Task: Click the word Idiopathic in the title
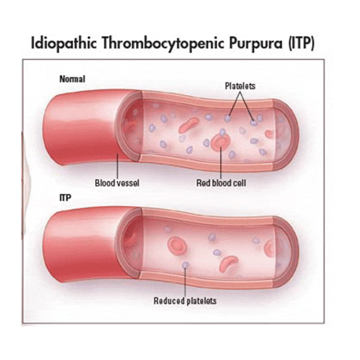click(x=64, y=43)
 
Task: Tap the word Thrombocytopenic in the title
click(x=163, y=43)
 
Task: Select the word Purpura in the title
click(x=255, y=43)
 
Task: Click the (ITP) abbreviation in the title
click(x=301, y=43)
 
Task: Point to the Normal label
click(x=72, y=79)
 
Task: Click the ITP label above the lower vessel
click(x=65, y=197)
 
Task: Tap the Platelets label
click(x=240, y=86)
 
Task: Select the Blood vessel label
click(x=117, y=182)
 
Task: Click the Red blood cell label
click(x=221, y=182)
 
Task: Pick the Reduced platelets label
click(x=185, y=300)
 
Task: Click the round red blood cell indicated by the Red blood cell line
click(x=221, y=142)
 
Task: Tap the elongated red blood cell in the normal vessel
click(x=189, y=125)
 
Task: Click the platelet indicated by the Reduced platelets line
click(x=186, y=265)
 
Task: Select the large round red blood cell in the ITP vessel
click(x=178, y=246)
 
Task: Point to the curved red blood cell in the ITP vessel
click(x=229, y=263)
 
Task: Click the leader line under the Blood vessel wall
click(x=117, y=166)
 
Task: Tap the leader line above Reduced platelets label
click(x=185, y=282)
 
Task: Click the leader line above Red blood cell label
click(x=221, y=163)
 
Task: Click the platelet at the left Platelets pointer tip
click(x=227, y=119)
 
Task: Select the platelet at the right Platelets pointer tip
click(x=253, y=122)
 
